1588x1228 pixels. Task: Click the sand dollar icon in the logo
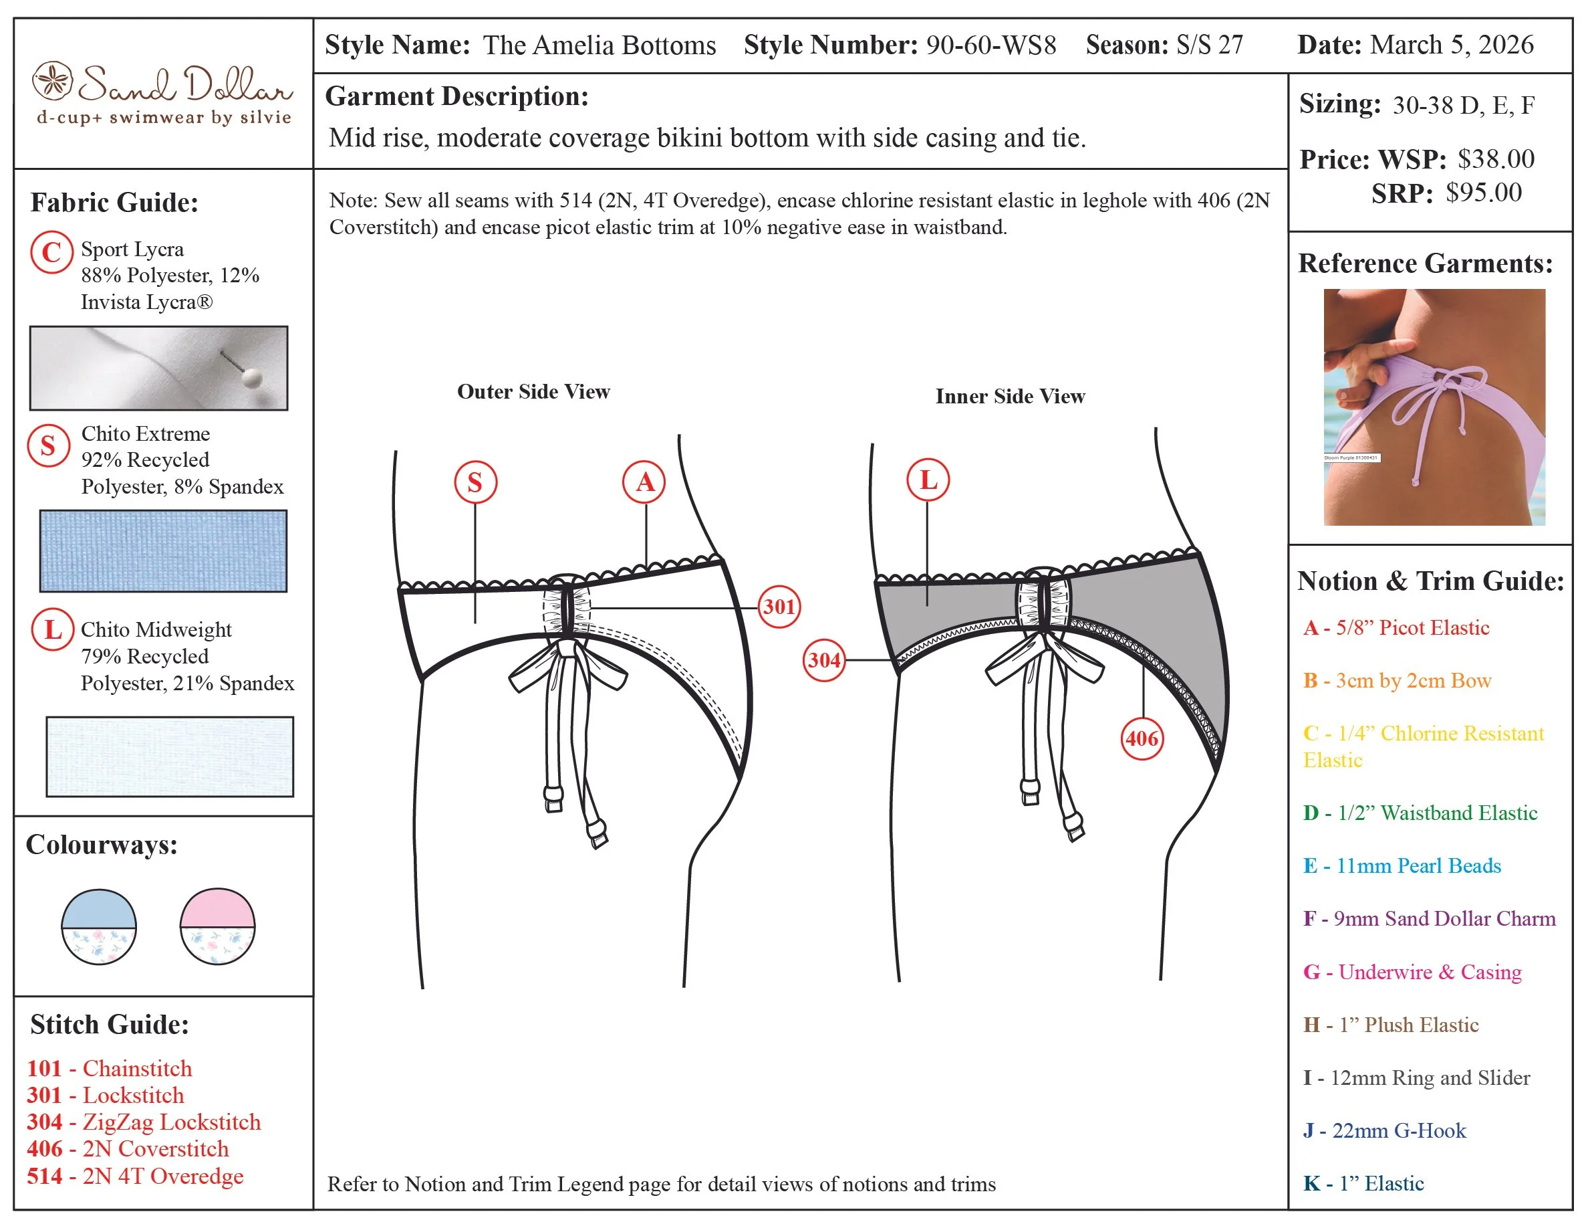click(x=52, y=81)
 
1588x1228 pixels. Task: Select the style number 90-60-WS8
click(x=990, y=45)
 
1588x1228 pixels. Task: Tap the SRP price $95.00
click(x=1483, y=193)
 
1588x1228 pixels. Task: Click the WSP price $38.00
click(x=1496, y=159)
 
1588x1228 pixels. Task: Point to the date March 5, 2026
click(x=1451, y=45)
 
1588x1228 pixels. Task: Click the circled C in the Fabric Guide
click(x=51, y=252)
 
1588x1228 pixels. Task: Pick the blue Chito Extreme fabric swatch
click(x=163, y=550)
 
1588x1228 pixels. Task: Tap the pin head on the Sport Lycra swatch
click(x=251, y=377)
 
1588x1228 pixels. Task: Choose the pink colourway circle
click(x=217, y=926)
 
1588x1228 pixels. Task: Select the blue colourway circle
click(x=99, y=927)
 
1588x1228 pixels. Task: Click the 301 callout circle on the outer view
click(x=779, y=607)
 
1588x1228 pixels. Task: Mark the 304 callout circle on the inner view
click(x=824, y=660)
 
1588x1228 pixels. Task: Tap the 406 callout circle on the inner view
click(x=1142, y=739)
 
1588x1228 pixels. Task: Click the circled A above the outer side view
click(x=644, y=482)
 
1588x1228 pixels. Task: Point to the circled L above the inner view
click(x=928, y=480)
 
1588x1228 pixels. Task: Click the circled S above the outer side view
click(x=475, y=482)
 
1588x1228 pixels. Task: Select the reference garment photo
click(x=1434, y=407)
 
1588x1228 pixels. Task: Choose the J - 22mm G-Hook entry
click(x=1384, y=1130)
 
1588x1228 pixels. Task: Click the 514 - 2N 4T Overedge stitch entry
click(x=135, y=1176)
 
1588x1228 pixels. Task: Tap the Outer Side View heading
click(x=533, y=391)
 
